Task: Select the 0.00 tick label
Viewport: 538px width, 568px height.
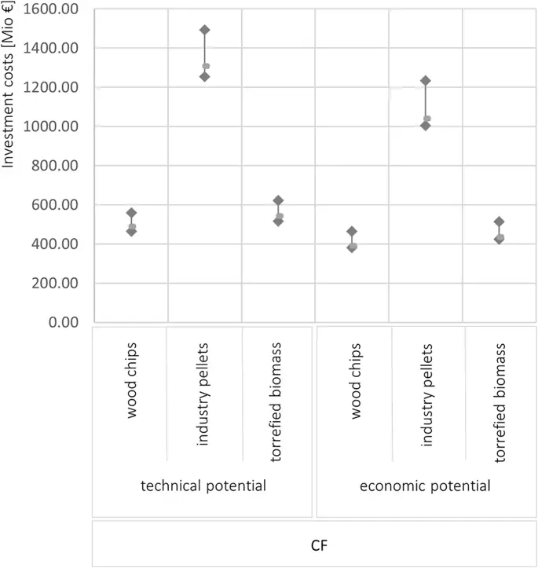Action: (67, 322)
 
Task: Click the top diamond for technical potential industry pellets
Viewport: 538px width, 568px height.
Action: (205, 30)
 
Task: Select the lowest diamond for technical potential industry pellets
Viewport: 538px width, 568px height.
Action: (205, 76)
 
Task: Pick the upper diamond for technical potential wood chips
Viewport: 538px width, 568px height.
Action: (131, 213)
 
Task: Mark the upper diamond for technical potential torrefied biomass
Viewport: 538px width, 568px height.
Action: (278, 200)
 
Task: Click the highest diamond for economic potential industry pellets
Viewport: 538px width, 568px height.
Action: (426, 80)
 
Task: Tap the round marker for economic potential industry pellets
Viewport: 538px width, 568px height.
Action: (427, 119)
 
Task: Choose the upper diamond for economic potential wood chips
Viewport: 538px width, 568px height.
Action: (352, 232)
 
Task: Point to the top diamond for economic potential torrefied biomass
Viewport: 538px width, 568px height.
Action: (499, 222)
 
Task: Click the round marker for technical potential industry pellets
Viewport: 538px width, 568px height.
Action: (207, 66)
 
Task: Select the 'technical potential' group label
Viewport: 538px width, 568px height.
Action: (203, 486)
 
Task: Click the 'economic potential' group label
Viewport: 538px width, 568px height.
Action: (425, 486)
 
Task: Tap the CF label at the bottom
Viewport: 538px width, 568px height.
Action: (315, 543)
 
